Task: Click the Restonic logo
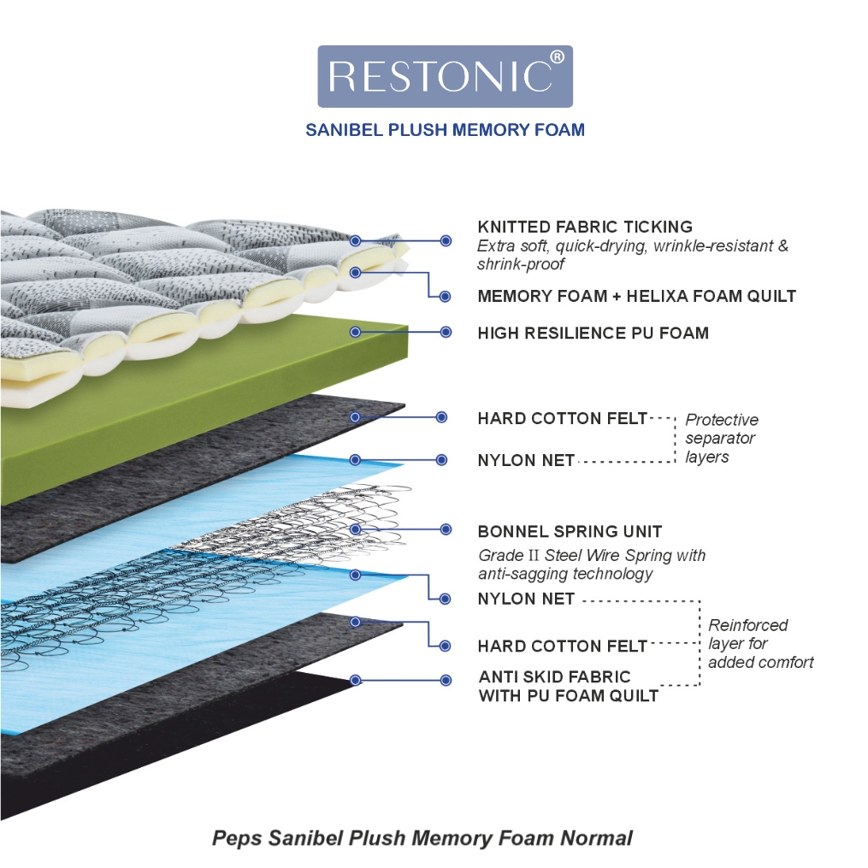pos(445,76)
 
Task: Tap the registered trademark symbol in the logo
pos(558,56)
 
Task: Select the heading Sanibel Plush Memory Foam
pos(445,129)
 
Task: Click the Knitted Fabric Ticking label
pos(585,227)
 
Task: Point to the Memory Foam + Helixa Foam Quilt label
pos(636,296)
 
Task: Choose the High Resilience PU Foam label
pos(593,333)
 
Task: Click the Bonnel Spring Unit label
pos(570,531)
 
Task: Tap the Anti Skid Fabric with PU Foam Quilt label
pos(569,687)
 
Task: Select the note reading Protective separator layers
pos(722,438)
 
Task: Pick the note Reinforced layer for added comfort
pos(761,643)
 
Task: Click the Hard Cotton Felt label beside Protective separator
pos(563,418)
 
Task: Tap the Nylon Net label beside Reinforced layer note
pos(526,599)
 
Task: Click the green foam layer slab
pos(205,410)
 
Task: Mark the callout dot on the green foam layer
pos(356,332)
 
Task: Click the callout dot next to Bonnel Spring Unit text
pos(446,529)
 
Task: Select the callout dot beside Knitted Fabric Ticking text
pos(446,241)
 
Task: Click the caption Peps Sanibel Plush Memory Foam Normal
pos(422,838)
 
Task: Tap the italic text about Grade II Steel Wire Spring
pos(592,564)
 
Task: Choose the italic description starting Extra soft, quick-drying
pos(633,255)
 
